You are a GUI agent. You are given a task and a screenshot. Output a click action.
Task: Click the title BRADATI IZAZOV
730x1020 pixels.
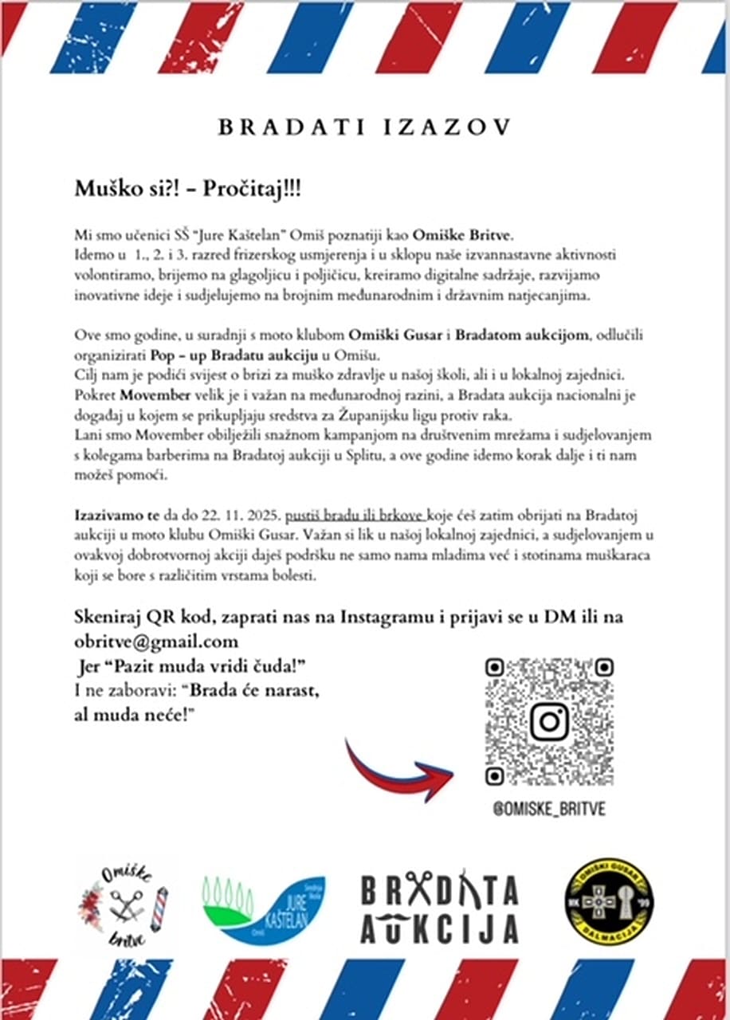click(364, 127)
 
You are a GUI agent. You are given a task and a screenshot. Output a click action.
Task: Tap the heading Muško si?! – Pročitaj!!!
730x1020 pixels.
click(188, 189)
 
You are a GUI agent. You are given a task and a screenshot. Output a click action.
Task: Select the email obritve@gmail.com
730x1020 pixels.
click(156, 641)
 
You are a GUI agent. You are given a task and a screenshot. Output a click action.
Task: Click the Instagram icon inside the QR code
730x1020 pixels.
click(549, 720)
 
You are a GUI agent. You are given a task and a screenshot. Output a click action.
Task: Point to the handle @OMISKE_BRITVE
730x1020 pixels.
click(549, 809)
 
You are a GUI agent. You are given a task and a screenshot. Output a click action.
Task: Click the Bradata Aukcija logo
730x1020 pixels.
click(439, 908)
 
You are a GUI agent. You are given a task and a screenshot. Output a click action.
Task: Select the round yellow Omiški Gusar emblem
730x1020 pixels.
click(608, 901)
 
